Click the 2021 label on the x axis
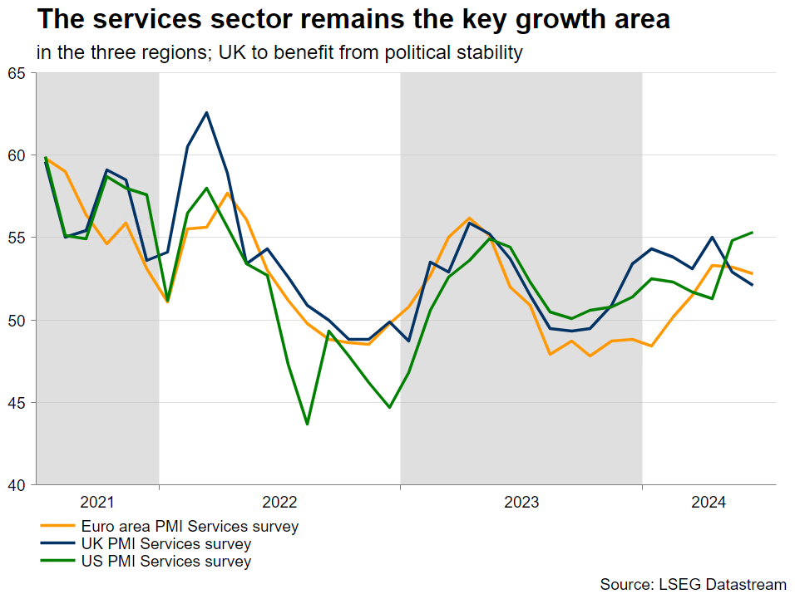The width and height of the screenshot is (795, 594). [97, 502]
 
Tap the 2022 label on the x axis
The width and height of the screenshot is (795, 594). [279, 502]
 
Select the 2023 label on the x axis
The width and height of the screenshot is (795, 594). [521, 502]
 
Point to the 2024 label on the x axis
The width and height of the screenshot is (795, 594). [709, 502]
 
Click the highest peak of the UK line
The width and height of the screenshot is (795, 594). [206, 112]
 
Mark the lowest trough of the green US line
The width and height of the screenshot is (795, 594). [308, 425]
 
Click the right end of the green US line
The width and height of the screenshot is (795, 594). [753, 233]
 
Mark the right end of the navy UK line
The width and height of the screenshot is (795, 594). [753, 285]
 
